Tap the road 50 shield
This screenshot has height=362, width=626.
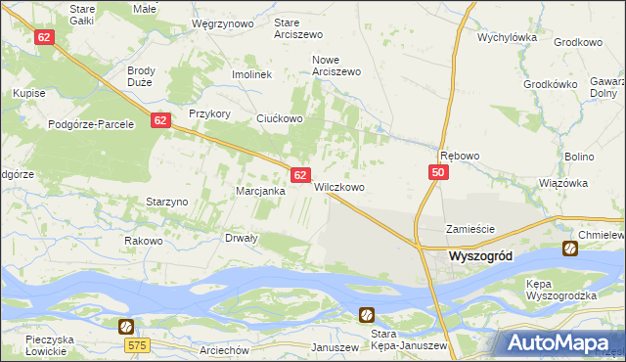437,172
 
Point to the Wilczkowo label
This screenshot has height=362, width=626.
339,187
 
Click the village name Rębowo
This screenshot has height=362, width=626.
460,156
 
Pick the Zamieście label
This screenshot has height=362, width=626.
471,229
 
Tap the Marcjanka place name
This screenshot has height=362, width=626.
260,192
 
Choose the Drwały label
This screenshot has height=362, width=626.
242,238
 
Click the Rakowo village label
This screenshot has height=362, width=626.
143,241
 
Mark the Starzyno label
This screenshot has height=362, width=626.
166,202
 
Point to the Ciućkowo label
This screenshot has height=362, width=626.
280,118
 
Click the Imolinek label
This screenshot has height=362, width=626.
250,74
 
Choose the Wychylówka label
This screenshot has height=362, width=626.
508,38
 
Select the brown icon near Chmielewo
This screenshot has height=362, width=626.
569,249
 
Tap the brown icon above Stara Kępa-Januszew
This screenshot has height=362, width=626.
366,314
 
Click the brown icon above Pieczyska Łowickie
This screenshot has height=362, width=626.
126,326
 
